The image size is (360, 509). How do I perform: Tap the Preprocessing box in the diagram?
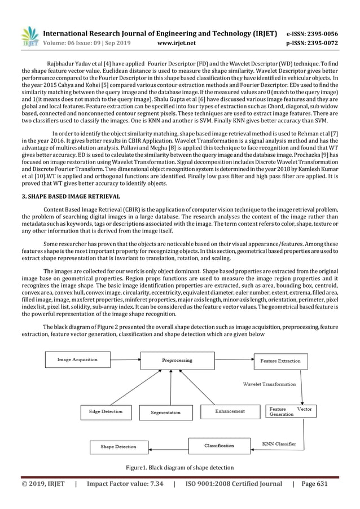point(177,360)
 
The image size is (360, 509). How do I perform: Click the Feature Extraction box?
point(280,361)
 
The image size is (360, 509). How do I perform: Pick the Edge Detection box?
point(105,411)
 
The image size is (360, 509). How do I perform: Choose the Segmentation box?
point(166,412)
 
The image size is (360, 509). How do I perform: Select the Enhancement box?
point(230,411)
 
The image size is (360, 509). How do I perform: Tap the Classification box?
point(219,446)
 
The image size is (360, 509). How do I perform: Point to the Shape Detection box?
point(118,447)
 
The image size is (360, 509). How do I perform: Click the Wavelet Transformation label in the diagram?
point(269,384)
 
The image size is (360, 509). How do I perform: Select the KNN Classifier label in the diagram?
point(280,444)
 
